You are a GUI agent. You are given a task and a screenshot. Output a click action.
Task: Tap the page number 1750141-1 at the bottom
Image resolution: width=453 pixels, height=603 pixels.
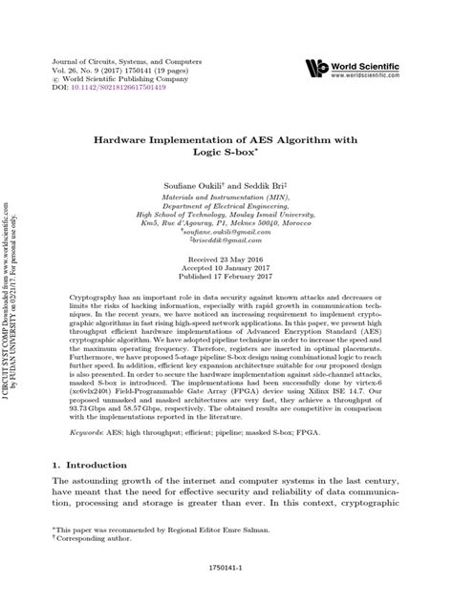click(226, 582)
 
